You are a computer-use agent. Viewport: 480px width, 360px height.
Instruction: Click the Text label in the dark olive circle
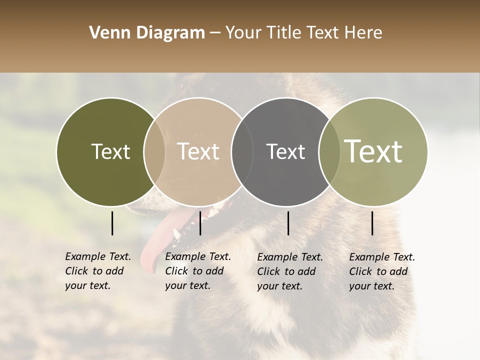(x=110, y=151)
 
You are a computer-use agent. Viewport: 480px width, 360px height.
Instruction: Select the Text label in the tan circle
(x=198, y=151)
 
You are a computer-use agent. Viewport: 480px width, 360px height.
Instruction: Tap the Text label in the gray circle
(x=285, y=151)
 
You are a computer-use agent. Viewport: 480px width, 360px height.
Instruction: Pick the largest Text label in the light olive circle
(x=373, y=151)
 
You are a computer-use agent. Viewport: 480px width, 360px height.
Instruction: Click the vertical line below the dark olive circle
(x=112, y=223)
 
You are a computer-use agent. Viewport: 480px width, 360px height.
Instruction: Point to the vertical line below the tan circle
(x=200, y=223)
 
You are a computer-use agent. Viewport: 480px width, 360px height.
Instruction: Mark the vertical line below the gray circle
(x=288, y=223)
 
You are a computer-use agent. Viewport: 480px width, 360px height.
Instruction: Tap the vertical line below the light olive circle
(x=372, y=223)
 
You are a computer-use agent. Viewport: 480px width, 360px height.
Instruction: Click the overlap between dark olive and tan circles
(x=154, y=151)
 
